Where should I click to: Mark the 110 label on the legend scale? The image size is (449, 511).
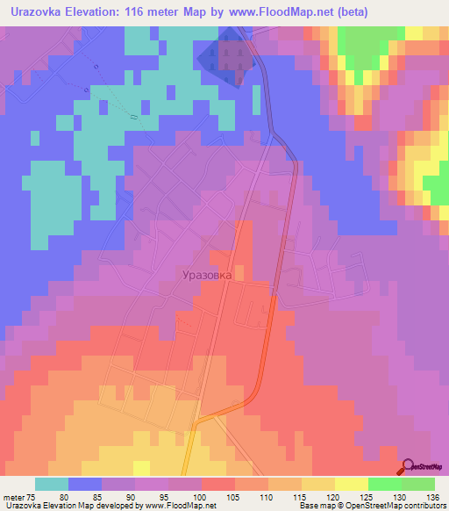[269, 495]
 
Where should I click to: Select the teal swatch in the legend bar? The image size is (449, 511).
[52, 484]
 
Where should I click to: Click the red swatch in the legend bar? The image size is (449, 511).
[218, 484]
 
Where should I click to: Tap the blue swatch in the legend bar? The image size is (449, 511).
[85, 484]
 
